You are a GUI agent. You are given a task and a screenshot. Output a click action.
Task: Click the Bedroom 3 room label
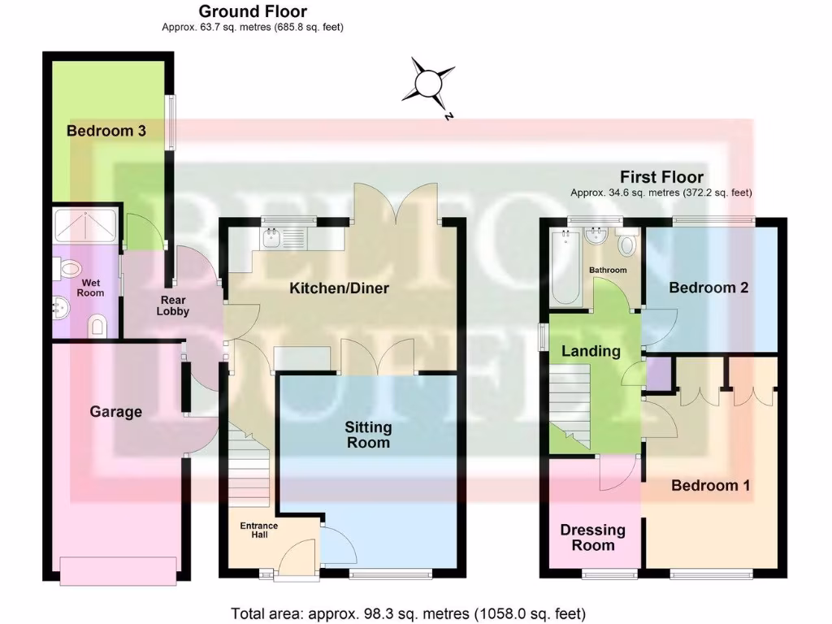click(x=106, y=131)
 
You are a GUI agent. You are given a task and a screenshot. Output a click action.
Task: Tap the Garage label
click(x=116, y=412)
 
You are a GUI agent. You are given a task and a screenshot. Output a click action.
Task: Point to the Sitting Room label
click(x=368, y=435)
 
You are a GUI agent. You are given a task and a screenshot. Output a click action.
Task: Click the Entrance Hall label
click(x=258, y=531)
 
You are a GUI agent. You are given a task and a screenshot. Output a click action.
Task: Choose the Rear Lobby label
click(x=172, y=305)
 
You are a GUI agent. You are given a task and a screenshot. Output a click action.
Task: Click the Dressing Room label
click(x=593, y=537)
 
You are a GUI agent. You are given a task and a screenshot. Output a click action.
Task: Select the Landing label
click(x=592, y=351)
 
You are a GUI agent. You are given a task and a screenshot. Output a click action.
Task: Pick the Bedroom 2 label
click(x=708, y=288)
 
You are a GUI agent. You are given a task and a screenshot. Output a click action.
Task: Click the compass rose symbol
click(x=427, y=84)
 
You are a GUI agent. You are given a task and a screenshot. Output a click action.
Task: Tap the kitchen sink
click(x=271, y=238)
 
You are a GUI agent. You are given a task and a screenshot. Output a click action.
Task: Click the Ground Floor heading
click(x=253, y=11)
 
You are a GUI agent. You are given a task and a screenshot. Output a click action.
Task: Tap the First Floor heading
click(x=661, y=177)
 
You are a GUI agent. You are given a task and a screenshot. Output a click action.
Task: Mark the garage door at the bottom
click(x=118, y=570)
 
